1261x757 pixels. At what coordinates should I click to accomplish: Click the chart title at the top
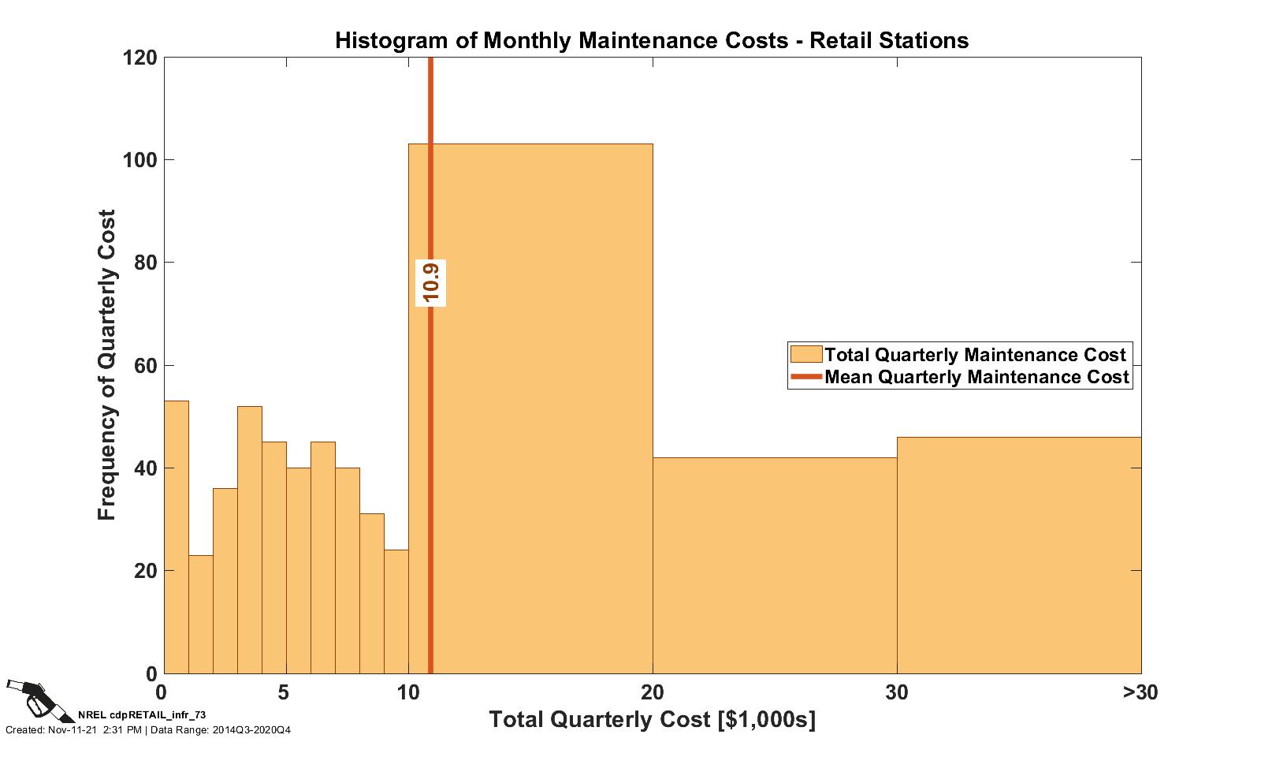click(x=651, y=40)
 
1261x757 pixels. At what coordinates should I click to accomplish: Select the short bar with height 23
click(x=200, y=614)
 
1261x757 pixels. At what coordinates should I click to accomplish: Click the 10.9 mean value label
click(x=431, y=282)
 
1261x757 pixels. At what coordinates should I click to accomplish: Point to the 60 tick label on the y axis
click(x=144, y=366)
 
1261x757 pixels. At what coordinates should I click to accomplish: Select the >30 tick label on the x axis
click(x=1140, y=693)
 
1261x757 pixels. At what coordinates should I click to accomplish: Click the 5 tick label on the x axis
click(x=284, y=693)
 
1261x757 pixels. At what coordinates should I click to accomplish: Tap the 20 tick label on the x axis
click(x=652, y=693)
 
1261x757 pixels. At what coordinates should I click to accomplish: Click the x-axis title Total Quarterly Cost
click(x=652, y=720)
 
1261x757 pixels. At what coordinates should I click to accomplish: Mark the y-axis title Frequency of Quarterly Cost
click(x=107, y=364)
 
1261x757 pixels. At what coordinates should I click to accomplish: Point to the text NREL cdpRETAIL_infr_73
click(x=142, y=714)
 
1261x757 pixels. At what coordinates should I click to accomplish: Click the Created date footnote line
click(x=148, y=730)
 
